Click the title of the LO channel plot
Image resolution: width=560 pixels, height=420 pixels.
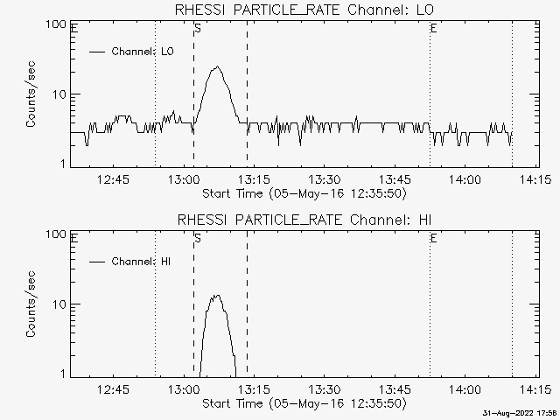click(304, 10)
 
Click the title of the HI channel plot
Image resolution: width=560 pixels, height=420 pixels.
click(304, 220)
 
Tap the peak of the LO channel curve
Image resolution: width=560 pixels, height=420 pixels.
click(217, 66)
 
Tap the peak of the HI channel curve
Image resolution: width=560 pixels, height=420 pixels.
click(217, 296)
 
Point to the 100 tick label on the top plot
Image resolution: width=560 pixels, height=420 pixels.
click(56, 24)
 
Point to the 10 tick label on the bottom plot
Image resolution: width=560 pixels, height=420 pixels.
click(59, 304)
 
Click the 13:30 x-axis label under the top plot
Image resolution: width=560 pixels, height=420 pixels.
click(324, 178)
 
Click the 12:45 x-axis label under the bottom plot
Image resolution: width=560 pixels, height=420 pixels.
click(113, 388)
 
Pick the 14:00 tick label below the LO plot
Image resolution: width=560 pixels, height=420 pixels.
click(465, 178)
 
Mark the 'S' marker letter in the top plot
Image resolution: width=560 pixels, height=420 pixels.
click(198, 28)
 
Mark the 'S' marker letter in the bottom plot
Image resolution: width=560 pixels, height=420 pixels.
click(198, 238)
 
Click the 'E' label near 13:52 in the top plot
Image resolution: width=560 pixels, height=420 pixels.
click(434, 28)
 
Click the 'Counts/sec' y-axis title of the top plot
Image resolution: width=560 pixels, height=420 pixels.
click(31, 94)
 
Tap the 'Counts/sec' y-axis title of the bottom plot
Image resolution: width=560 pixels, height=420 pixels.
click(31, 304)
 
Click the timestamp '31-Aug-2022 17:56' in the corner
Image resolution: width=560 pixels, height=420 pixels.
click(521, 414)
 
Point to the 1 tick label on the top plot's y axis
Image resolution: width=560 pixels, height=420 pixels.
click(63, 164)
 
